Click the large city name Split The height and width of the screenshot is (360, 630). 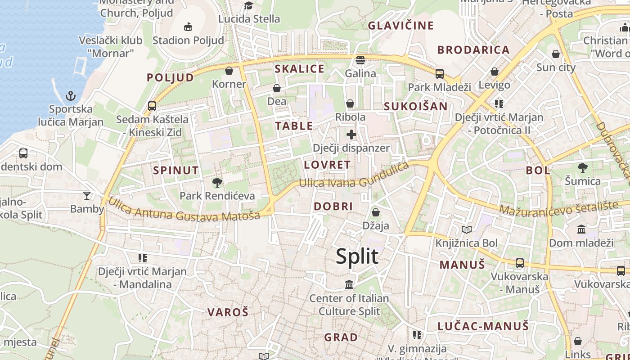[x=357, y=256]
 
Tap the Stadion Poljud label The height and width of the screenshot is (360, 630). [x=188, y=40]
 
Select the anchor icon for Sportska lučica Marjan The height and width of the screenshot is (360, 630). [x=71, y=96]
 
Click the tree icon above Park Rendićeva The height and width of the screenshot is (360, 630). [x=217, y=182]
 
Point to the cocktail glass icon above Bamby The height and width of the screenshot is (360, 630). [x=87, y=195]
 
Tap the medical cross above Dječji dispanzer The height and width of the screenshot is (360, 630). [x=351, y=134]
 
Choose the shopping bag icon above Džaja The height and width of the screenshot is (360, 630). [x=376, y=212]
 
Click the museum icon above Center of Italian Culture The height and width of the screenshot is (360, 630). [x=349, y=284]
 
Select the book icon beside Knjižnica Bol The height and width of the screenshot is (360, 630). [x=467, y=230]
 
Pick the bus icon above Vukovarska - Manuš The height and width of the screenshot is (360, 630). [x=520, y=263]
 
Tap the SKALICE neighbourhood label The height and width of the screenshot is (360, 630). [x=299, y=69]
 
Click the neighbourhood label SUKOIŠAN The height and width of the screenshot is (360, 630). [x=415, y=106]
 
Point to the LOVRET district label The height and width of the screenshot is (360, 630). [x=327, y=165]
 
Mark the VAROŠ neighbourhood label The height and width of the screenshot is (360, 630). [x=228, y=312]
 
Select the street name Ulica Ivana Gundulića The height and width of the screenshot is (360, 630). [x=354, y=176]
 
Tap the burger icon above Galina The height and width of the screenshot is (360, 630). [x=360, y=60]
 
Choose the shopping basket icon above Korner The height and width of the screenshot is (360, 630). [x=229, y=71]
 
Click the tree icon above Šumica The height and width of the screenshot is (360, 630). [x=583, y=168]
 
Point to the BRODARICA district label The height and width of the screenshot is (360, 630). [x=473, y=50]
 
